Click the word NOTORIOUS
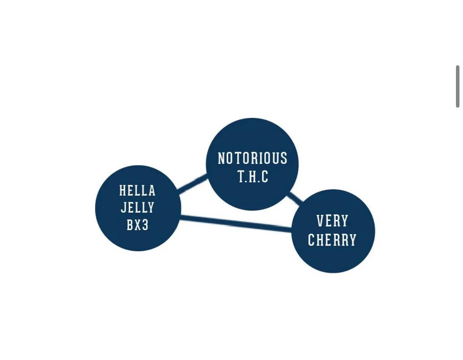coord(253,158)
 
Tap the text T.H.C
coord(253,176)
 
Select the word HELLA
coord(137,190)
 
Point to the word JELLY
coord(137,208)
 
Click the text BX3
coord(137,225)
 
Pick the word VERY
coord(333,221)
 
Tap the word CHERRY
coord(332,240)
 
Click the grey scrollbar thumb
coord(458,86)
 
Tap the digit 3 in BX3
coord(145,225)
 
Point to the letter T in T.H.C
coord(242,176)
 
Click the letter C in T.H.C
coord(265,176)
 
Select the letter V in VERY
coord(320,221)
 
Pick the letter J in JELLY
coord(124,208)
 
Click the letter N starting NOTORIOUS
coord(221,158)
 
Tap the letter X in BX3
coord(137,225)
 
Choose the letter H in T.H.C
coord(253,176)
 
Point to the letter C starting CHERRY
coord(311,240)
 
